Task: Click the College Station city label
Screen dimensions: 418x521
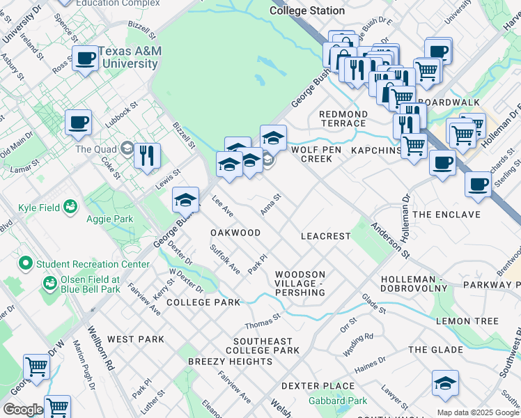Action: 306,10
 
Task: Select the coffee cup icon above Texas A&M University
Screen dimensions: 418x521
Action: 85,59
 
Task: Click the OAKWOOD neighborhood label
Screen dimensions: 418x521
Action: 235,233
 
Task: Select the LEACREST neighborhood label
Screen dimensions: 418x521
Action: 325,236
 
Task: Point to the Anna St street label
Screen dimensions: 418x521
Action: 270,204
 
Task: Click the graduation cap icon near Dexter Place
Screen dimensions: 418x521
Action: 445,384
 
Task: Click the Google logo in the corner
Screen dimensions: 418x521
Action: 22,410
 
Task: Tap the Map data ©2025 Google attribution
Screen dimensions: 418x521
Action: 478,412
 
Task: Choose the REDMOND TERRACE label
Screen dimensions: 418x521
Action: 343,118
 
